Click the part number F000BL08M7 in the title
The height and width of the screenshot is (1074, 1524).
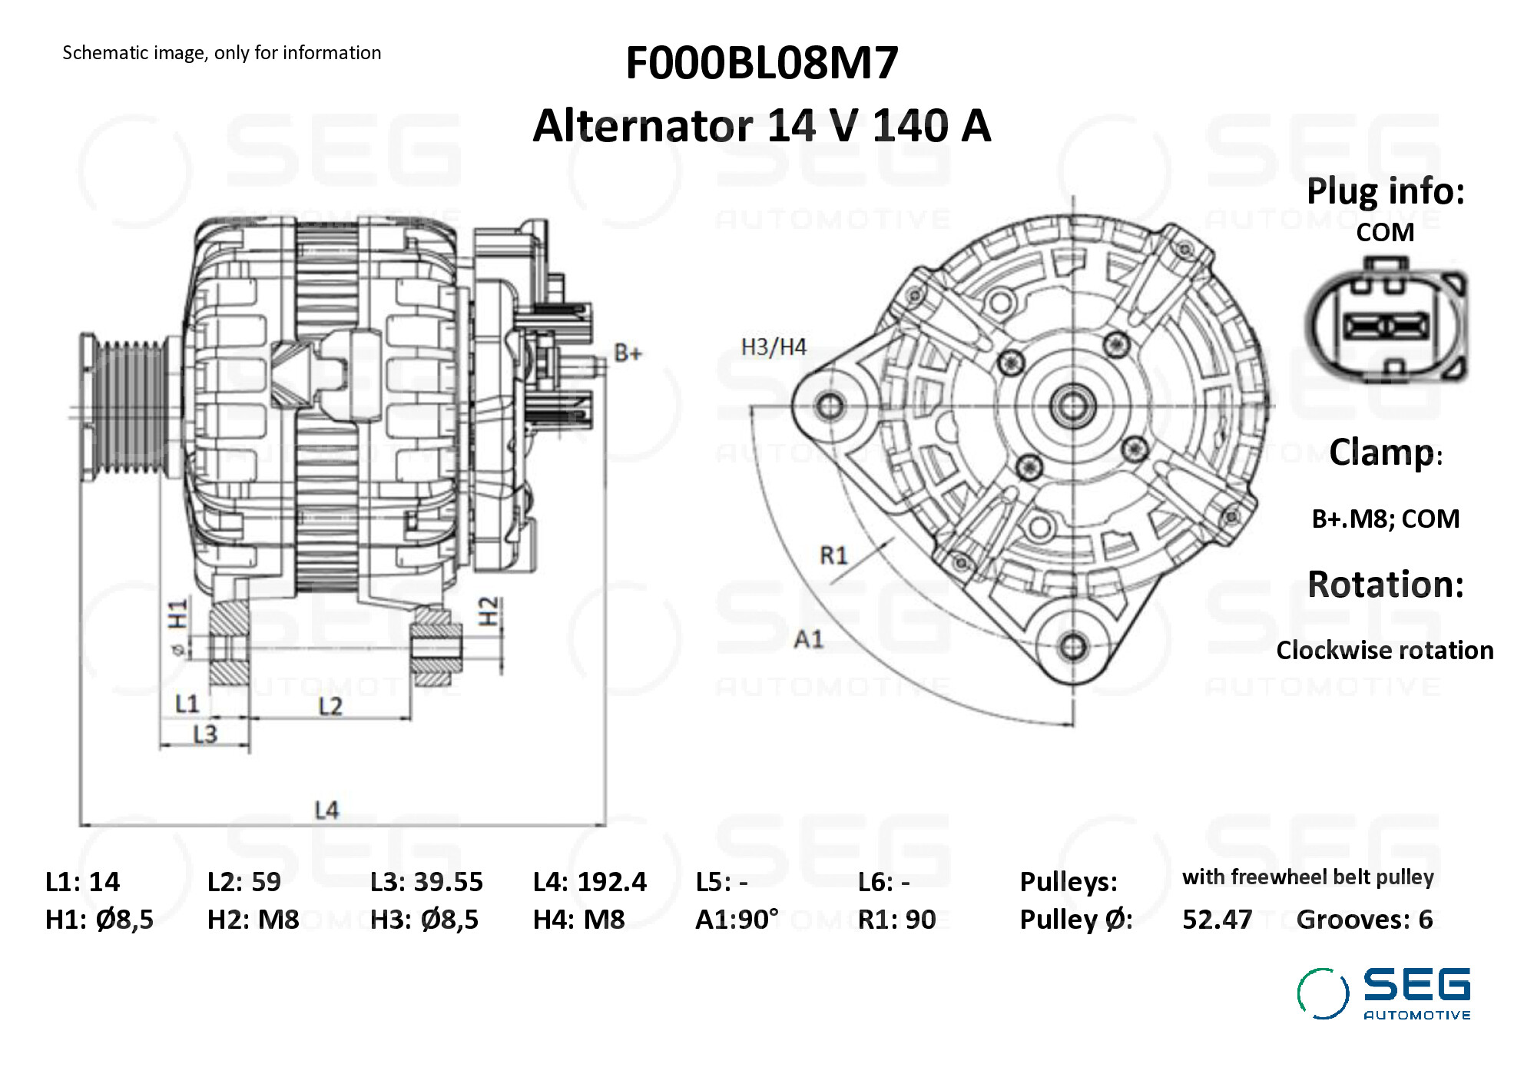[761, 63]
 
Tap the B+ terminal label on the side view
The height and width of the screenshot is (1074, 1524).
[628, 353]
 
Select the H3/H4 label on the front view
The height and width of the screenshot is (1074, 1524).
[773, 347]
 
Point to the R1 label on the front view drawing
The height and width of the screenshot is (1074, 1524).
[833, 555]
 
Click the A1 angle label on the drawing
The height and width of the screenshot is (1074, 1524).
[808, 639]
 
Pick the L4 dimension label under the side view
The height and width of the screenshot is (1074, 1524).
[326, 810]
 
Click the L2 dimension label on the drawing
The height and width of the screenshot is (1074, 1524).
[330, 706]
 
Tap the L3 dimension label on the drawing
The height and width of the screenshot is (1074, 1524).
[205, 735]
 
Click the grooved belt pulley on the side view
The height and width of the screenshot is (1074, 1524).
[127, 407]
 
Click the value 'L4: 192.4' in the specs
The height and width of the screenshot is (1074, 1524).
[589, 882]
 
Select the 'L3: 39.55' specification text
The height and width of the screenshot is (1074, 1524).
[426, 882]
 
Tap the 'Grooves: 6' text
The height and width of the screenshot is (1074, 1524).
[1364, 920]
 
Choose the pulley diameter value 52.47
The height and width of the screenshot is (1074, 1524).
[1217, 920]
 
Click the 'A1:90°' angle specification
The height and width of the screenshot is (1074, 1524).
[736, 920]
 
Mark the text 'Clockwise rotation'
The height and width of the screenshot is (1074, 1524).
[1384, 651]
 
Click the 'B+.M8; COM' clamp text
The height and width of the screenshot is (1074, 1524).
[1385, 519]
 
